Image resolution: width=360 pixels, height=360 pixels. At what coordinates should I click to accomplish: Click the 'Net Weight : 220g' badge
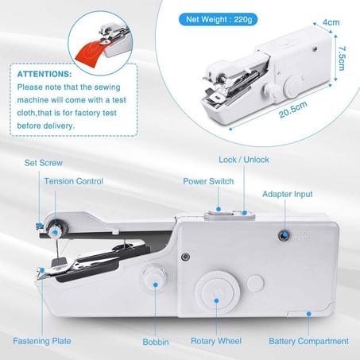click(218, 19)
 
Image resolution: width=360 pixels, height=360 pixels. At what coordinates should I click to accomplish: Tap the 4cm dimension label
click(331, 22)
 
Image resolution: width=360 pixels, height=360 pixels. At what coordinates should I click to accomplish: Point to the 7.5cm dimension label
click(343, 58)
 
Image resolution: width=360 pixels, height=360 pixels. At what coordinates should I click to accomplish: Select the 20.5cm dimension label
click(293, 109)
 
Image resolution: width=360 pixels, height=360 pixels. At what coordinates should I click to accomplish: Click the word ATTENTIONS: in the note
click(45, 74)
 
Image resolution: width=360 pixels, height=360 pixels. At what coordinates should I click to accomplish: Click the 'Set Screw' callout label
click(44, 163)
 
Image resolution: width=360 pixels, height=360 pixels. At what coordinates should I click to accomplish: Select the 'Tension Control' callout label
click(74, 181)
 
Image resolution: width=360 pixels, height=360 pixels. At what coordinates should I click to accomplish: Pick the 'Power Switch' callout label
click(208, 181)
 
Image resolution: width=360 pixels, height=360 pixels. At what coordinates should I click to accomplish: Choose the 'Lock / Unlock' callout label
click(244, 160)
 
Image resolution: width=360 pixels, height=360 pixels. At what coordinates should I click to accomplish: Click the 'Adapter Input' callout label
click(288, 194)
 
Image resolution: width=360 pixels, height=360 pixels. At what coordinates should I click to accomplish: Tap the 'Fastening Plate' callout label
click(42, 341)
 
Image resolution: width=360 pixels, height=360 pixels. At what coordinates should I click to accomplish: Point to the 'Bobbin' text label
click(156, 342)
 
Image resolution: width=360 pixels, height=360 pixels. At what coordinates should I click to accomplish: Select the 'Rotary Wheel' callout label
click(216, 341)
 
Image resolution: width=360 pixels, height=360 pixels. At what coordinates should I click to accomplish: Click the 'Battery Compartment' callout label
click(308, 341)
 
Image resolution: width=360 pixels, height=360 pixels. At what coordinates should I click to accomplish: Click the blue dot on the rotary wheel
click(216, 300)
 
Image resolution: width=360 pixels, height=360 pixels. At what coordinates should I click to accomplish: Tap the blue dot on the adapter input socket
click(285, 234)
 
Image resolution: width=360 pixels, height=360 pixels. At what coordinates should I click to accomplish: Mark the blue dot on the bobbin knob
click(156, 285)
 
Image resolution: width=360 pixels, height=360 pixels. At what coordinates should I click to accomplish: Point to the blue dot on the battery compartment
click(308, 314)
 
